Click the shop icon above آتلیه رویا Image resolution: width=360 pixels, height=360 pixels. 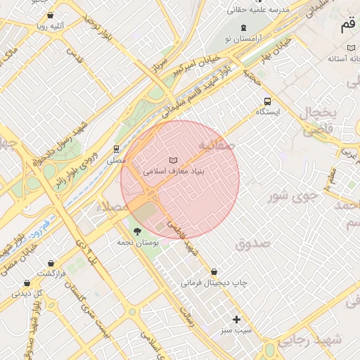50,15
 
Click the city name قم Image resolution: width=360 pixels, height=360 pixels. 347,27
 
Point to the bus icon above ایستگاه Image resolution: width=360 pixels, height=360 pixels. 266,101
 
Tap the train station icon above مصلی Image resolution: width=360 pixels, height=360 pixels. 116,149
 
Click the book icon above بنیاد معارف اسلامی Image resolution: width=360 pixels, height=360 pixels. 173,160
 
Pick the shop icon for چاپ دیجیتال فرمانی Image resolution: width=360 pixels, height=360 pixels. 214,271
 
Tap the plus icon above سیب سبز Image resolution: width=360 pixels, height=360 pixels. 237,319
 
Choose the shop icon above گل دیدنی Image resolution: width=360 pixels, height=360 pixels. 27,283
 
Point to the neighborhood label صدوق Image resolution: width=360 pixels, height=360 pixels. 252,244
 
